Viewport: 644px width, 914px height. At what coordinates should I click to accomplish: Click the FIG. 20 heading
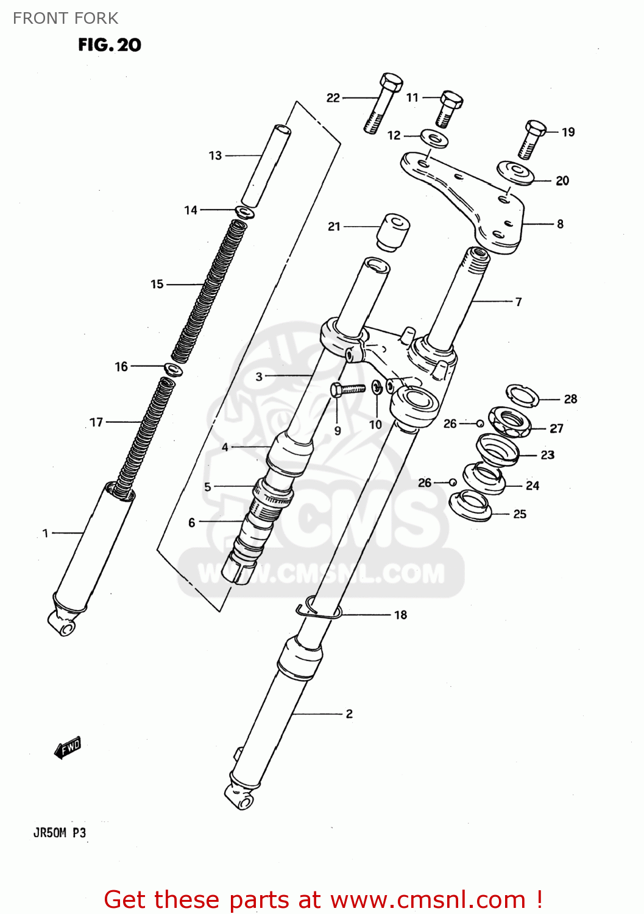[110, 44]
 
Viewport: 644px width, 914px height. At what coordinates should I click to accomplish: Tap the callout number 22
[333, 97]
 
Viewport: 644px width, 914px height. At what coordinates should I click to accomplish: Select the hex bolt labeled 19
[533, 138]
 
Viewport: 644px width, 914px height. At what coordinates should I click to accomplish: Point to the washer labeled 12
[434, 138]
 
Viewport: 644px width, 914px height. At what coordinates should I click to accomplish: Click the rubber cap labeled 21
[392, 231]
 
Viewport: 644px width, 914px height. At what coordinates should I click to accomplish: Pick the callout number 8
[560, 224]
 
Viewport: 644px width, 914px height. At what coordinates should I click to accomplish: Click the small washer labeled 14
[244, 213]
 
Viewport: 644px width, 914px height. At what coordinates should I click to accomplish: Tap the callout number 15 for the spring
[157, 284]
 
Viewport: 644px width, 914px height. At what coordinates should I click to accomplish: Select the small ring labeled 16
[174, 369]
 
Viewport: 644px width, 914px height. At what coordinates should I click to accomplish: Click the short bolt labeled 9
[346, 388]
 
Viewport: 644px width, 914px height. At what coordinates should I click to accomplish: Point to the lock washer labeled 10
[377, 388]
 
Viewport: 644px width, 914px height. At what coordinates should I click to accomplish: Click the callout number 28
[570, 399]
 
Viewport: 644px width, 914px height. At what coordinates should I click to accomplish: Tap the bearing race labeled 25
[470, 506]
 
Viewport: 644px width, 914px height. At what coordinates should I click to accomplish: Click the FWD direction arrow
[68, 748]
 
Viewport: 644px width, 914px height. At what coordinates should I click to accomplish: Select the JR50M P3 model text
[60, 833]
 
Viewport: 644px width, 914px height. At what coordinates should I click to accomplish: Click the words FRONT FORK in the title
[66, 18]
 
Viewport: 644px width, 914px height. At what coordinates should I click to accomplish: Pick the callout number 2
[349, 714]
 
